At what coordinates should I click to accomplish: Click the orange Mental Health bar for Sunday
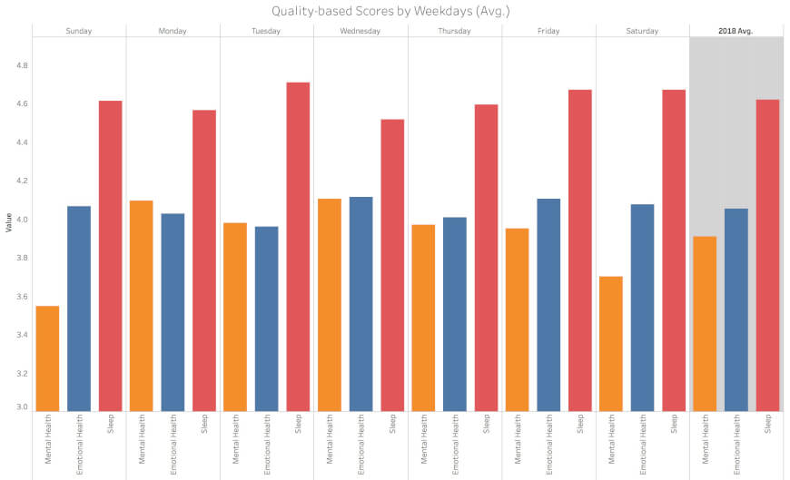click(47, 358)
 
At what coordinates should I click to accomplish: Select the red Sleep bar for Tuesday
click(298, 247)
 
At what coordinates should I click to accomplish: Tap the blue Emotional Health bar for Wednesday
click(360, 304)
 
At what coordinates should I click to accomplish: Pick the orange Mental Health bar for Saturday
click(610, 344)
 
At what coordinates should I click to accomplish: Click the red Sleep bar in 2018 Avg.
click(767, 255)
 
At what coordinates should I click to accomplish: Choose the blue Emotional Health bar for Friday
click(548, 305)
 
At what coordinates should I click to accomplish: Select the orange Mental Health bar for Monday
click(141, 306)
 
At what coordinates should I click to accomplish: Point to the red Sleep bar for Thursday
click(486, 258)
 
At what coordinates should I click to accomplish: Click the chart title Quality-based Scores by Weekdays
click(390, 11)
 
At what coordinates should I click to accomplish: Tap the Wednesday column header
click(360, 31)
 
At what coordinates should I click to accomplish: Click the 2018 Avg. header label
click(736, 31)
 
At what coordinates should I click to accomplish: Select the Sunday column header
click(79, 31)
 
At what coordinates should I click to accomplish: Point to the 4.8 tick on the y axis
click(22, 65)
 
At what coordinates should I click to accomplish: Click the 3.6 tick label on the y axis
click(22, 297)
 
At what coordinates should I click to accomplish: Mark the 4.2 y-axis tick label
click(22, 181)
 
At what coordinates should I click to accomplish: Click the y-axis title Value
click(8, 222)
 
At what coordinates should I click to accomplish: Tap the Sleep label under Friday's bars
click(580, 424)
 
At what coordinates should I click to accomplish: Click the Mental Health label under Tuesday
click(235, 438)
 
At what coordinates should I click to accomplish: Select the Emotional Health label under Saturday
click(642, 445)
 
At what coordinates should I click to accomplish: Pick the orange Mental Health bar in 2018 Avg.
click(705, 324)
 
